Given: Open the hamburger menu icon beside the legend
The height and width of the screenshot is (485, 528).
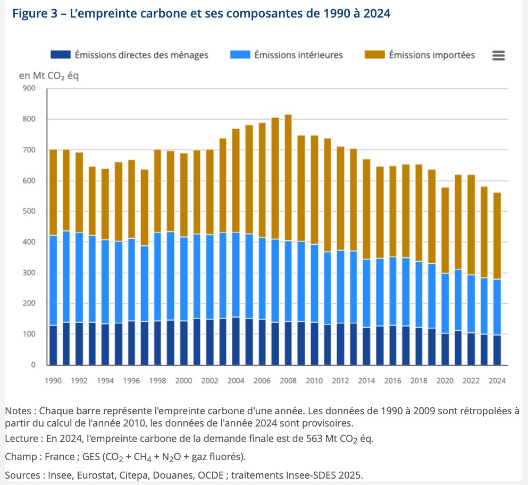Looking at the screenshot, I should click(498, 55).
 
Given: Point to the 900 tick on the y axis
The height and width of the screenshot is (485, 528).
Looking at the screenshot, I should click(29, 88).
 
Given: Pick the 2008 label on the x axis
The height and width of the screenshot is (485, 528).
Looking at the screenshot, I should click(288, 381).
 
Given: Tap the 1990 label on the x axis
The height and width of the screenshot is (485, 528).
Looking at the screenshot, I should click(53, 381).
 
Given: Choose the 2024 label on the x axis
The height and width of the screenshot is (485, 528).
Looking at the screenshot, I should click(497, 381).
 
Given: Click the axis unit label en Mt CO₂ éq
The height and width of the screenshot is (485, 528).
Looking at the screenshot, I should click(49, 76).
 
